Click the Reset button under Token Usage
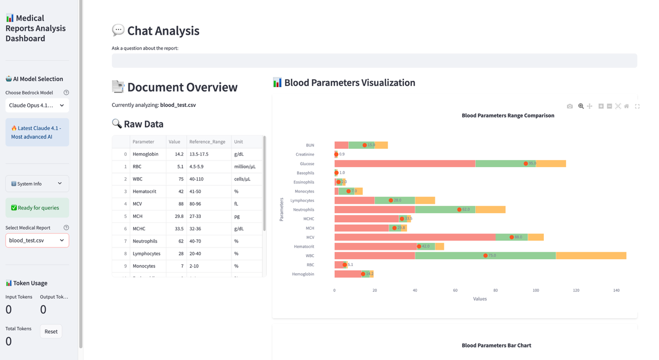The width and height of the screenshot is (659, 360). pos(51,331)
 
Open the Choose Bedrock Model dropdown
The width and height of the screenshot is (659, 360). pos(37,105)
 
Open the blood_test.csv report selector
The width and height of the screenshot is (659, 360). pos(37,240)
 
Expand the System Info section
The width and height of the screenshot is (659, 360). pos(37,184)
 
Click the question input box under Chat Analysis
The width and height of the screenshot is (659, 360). pos(374,61)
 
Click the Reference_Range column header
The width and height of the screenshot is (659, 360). pos(207,142)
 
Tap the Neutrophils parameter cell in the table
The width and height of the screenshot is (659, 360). pos(145,241)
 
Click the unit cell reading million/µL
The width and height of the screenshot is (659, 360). pos(245,167)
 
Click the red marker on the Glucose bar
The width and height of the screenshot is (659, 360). pos(525,163)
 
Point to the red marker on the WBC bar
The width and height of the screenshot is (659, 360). pos(485,255)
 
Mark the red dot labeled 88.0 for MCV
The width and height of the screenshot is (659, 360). pos(512,237)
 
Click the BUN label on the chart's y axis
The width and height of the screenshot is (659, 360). pos(310,145)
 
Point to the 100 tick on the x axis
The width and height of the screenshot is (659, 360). pos(536,290)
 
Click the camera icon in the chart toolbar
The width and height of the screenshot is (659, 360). pos(570,106)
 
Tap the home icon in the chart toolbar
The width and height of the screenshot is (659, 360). pos(626,106)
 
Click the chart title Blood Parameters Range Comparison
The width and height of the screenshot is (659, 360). pos(507,116)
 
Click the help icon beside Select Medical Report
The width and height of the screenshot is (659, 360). pos(66,228)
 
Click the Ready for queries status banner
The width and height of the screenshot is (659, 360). pos(37,208)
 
